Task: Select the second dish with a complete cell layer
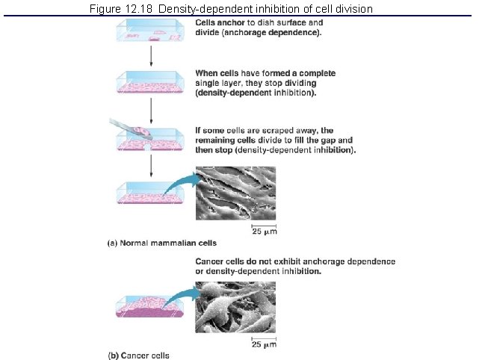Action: [151, 84]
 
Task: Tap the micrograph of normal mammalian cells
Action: [235, 193]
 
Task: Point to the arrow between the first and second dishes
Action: [152, 57]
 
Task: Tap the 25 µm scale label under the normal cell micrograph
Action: [263, 232]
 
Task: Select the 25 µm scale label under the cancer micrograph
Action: [263, 344]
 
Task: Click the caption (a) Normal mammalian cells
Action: [160, 243]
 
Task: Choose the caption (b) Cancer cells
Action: [137, 355]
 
